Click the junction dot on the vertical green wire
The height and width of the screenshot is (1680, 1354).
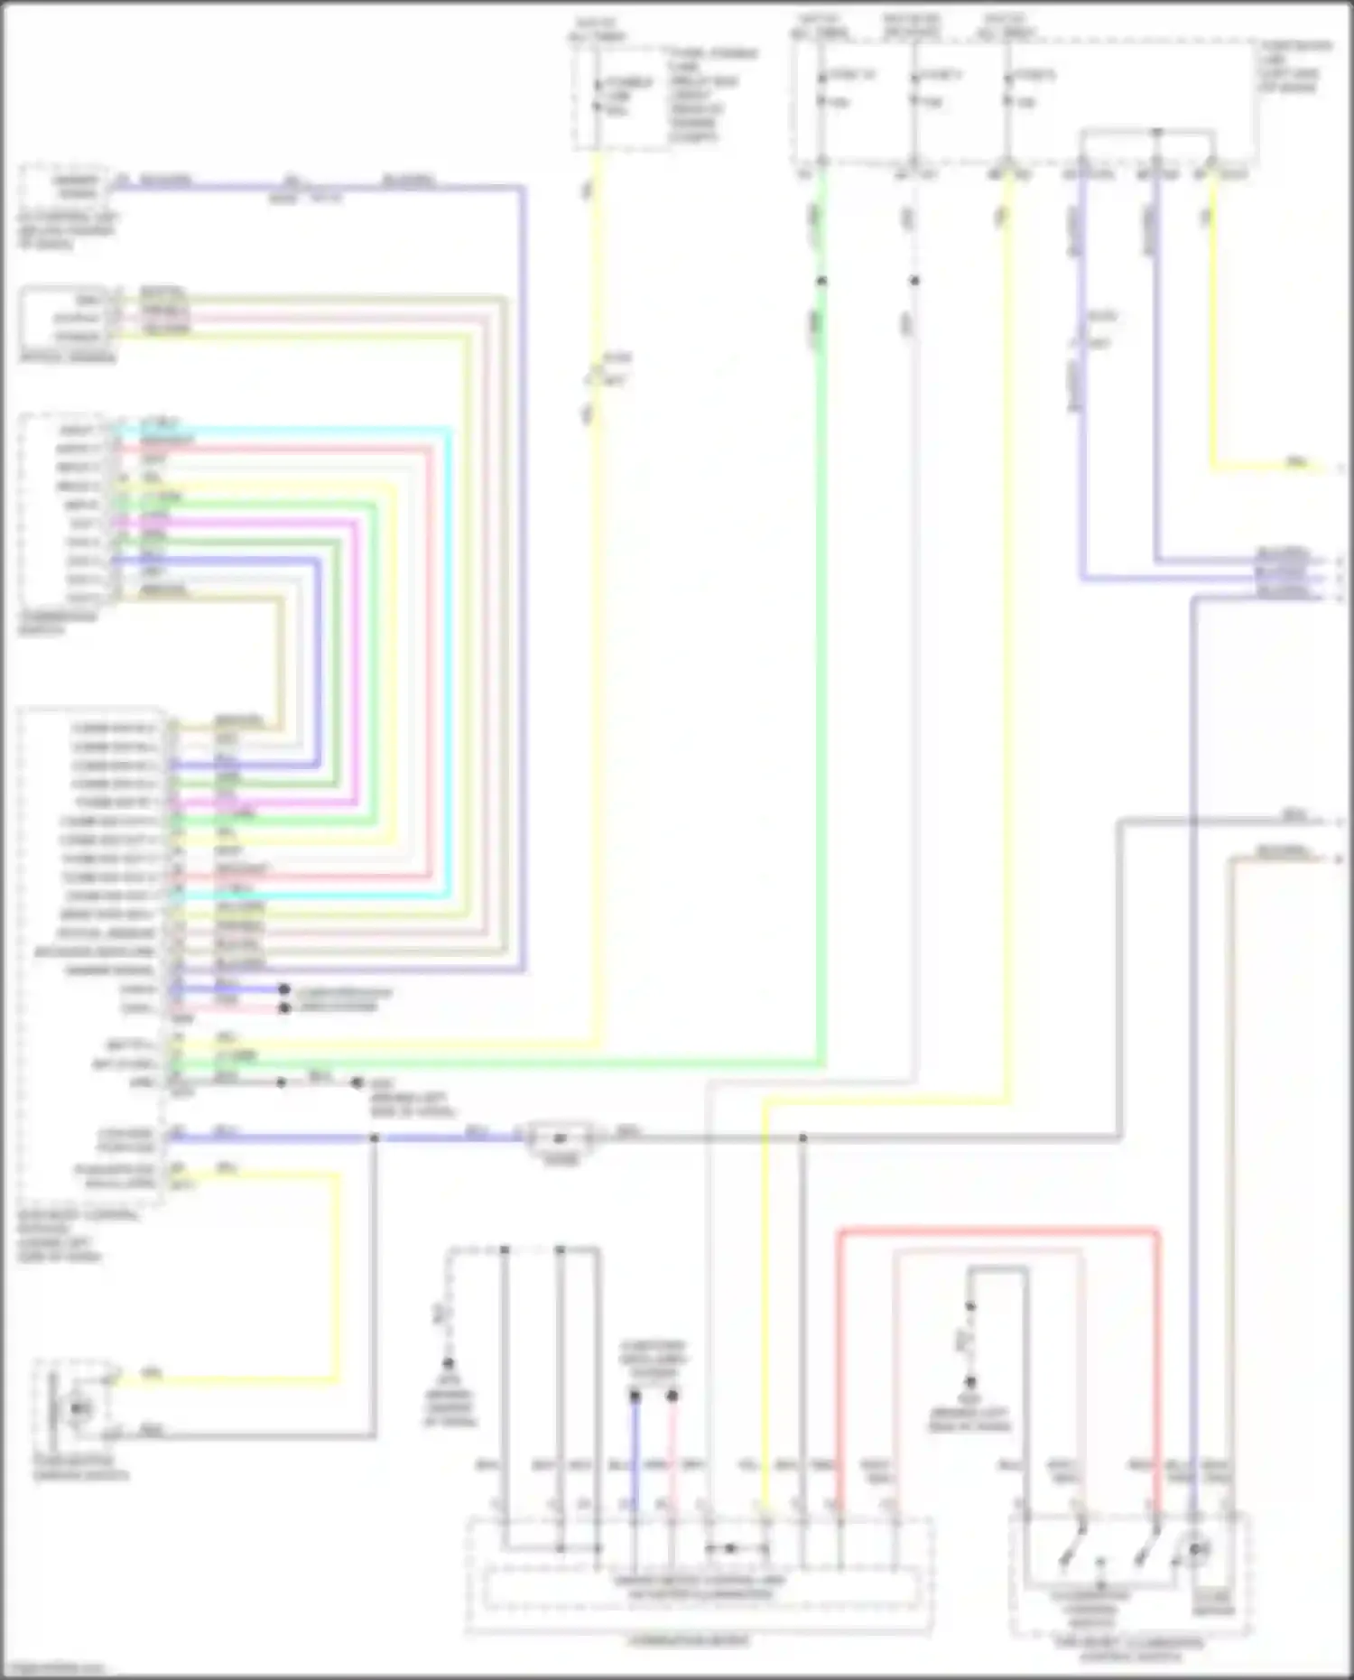(821, 281)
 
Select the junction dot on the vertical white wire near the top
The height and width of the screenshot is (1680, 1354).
(914, 281)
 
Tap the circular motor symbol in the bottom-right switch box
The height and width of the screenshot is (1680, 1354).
(1196, 1549)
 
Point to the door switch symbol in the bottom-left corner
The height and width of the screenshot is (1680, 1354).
(76, 1408)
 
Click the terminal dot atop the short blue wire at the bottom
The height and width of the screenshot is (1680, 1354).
(635, 1396)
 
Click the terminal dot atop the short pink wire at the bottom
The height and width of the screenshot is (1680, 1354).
(672, 1396)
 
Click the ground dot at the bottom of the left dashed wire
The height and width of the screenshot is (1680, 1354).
(448, 1363)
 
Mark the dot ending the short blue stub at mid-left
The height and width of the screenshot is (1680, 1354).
(283, 989)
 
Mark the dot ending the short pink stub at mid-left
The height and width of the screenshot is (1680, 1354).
(283, 1007)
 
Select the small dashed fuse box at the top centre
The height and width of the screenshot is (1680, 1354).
(621, 97)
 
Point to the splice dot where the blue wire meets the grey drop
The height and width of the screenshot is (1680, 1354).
(374, 1137)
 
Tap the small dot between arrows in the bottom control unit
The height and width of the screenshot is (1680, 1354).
(731, 1548)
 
